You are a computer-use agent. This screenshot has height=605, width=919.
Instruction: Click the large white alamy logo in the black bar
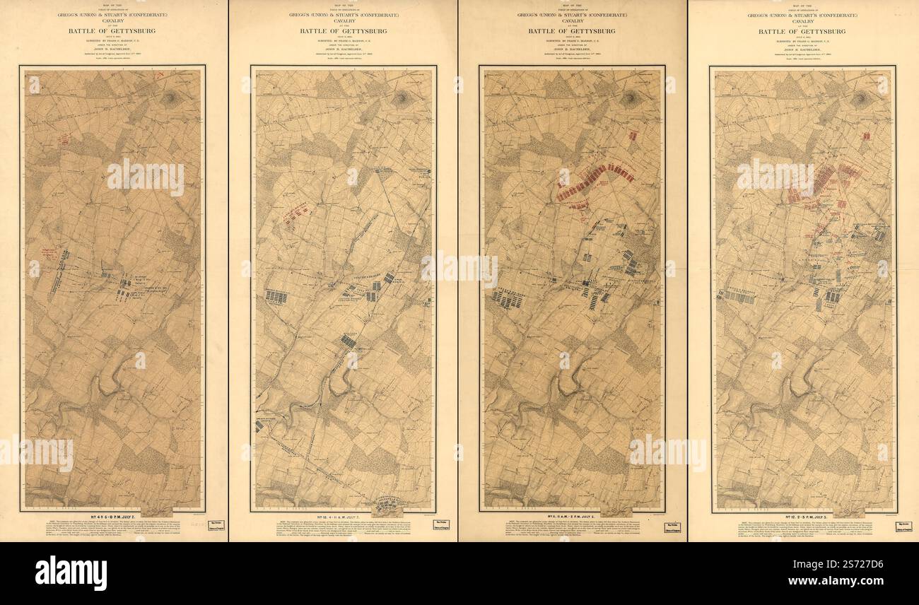(71, 572)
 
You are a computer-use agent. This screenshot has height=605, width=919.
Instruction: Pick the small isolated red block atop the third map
(633, 134)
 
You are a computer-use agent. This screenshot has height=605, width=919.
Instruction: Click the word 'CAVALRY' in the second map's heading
(343, 20)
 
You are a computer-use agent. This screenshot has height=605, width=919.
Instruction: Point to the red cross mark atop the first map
(161, 74)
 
